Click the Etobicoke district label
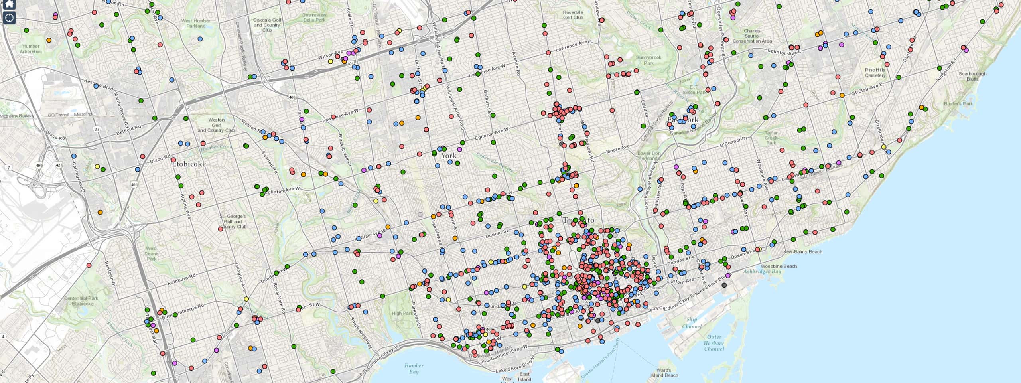click(189, 164)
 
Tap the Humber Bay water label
click(414, 369)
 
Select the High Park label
click(402, 313)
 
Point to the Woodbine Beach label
click(779, 266)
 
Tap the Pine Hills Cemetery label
click(875, 73)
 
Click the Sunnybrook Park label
click(648, 60)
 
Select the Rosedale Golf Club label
click(573, 15)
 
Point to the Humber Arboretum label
click(31, 49)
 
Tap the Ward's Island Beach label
click(664, 373)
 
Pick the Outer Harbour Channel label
click(714, 343)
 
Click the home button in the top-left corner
click(9, 4)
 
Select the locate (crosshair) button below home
click(9, 18)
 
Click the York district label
click(448, 156)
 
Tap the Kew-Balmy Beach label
click(802, 252)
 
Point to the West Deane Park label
click(151, 253)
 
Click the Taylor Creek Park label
click(771, 138)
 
